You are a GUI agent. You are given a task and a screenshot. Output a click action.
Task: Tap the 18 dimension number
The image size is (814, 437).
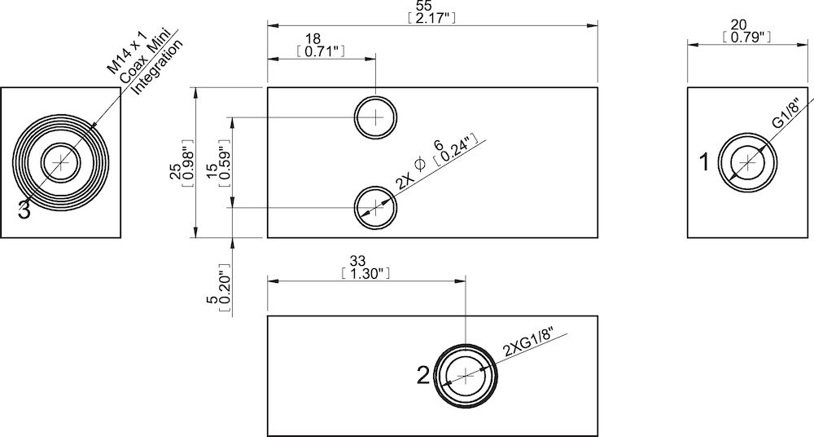click(313, 39)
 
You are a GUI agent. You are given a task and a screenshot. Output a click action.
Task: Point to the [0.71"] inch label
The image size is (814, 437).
click(313, 51)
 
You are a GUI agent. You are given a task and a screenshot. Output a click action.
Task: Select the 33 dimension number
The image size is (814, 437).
click(357, 261)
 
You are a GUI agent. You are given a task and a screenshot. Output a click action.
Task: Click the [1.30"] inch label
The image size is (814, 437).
click(357, 273)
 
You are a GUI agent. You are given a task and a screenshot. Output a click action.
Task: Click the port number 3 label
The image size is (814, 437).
click(24, 210)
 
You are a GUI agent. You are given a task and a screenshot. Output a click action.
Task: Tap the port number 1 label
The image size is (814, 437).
click(705, 163)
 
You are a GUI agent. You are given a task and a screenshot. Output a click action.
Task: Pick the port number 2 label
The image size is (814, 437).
click(422, 375)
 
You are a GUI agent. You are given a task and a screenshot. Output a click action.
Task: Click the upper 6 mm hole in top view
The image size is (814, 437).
click(376, 117)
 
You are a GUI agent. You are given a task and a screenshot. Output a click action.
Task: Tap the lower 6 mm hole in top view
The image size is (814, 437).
click(376, 206)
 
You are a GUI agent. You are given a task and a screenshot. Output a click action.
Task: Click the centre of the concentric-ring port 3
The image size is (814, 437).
click(61, 163)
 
